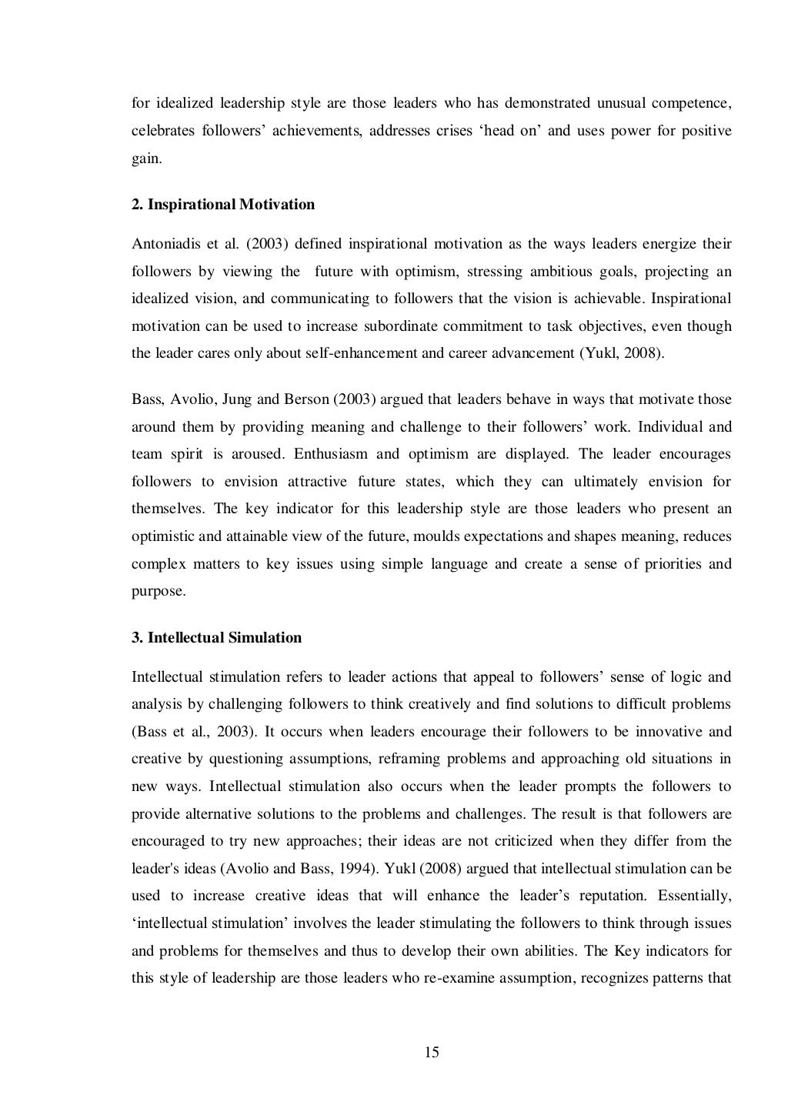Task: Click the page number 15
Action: click(x=431, y=1053)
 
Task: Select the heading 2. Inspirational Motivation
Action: click(x=223, y=205)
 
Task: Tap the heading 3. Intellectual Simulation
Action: click(x=216, y=638)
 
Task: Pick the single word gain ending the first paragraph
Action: click(x=145, y=158)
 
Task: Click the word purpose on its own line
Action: click(x=158, y=591)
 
